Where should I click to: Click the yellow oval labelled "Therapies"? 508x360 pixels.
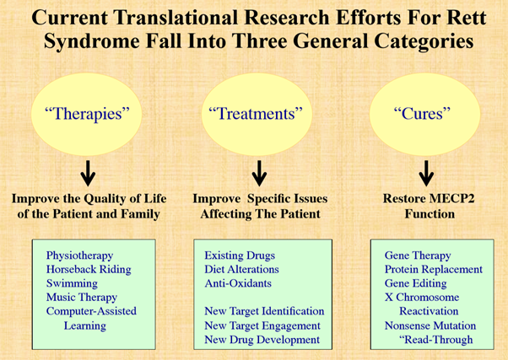tap(87, 114)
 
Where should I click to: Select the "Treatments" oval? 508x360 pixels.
tap(257, 114)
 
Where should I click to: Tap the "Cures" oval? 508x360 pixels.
tap(424, 114)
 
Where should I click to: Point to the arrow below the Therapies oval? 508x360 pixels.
tap(88, 173)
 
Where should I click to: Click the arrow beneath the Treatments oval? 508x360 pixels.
tap(259, 173)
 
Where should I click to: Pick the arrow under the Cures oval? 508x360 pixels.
tap(426, 173)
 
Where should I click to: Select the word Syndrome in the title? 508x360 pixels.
tap(92, 42)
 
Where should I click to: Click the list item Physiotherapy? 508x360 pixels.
tap(79, 255)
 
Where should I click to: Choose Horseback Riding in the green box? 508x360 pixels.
tap(89, 269)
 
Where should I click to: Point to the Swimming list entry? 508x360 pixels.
tap(72, 283)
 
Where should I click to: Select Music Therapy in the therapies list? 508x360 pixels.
tap(82, 298)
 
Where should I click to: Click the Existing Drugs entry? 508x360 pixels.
tap(240, 255)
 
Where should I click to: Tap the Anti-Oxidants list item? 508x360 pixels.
tap(238, 283)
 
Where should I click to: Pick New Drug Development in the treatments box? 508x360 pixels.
tap(262, 340)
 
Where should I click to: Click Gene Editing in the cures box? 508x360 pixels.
tap(416, 283)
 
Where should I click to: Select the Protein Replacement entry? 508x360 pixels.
tap(434, 269)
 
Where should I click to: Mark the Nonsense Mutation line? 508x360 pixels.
tap(430, 325)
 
